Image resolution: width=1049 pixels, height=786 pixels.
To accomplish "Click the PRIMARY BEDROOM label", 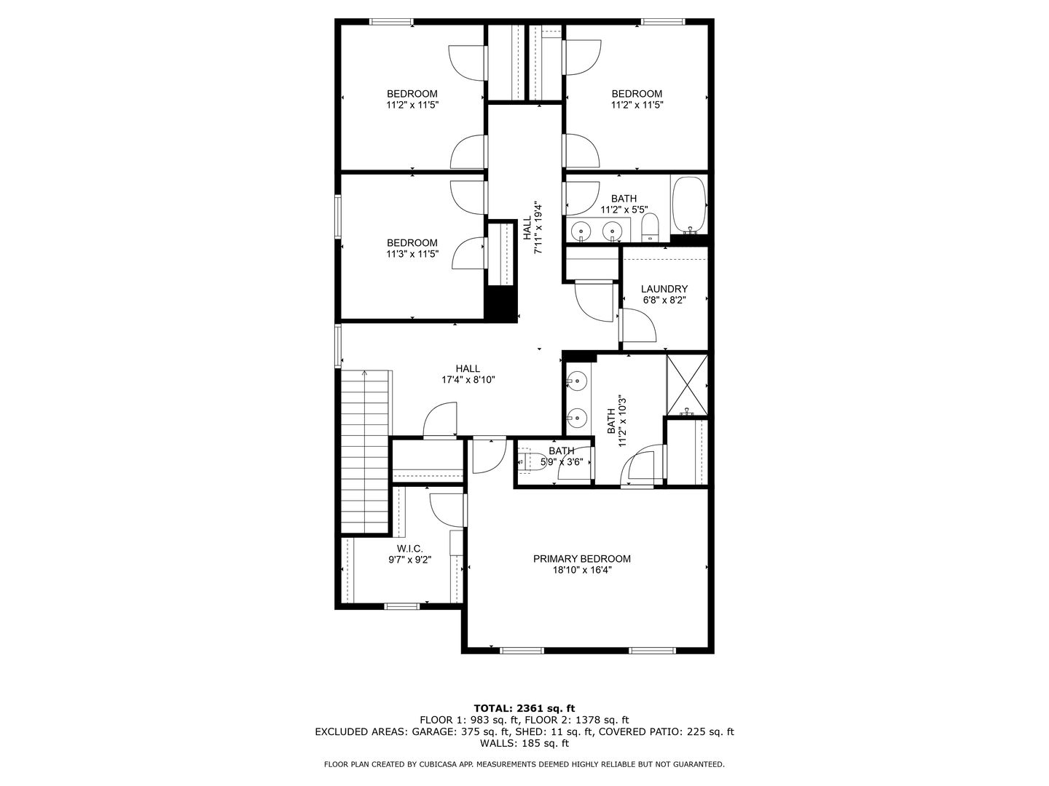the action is coord(581,559).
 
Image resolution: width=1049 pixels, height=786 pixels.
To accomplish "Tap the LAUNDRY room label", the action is coord(664,289).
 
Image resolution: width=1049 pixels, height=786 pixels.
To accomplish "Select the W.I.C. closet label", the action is coord(409,549).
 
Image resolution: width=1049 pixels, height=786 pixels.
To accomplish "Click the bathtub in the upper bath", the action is coord(688,205).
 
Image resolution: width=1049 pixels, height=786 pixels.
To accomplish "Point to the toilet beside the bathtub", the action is coord(650,228).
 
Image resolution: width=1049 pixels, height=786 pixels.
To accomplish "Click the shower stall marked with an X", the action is coord(687,385).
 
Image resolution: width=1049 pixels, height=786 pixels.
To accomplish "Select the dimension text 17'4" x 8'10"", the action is coord(468,380).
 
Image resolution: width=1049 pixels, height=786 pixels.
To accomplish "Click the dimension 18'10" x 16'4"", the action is coord(581,570).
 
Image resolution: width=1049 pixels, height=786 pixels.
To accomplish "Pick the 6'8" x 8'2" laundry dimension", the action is coord(664,300).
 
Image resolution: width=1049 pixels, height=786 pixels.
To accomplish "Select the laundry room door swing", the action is coord(638,325).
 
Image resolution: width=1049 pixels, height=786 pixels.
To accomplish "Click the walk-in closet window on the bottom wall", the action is coord(402,606).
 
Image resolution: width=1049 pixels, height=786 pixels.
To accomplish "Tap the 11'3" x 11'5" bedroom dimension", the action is coord(412,254).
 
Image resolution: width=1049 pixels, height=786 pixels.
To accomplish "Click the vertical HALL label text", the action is coord(527,228).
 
